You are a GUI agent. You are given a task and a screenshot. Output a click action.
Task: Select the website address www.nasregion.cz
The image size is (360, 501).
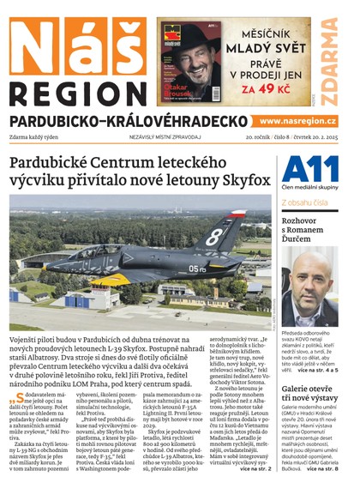(x=297, y=122)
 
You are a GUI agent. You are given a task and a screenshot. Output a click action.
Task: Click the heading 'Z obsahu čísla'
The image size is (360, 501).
(x=304, y=202)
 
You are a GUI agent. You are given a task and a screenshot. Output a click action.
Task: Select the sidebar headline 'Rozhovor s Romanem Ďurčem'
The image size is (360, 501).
(x=309, y=229)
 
